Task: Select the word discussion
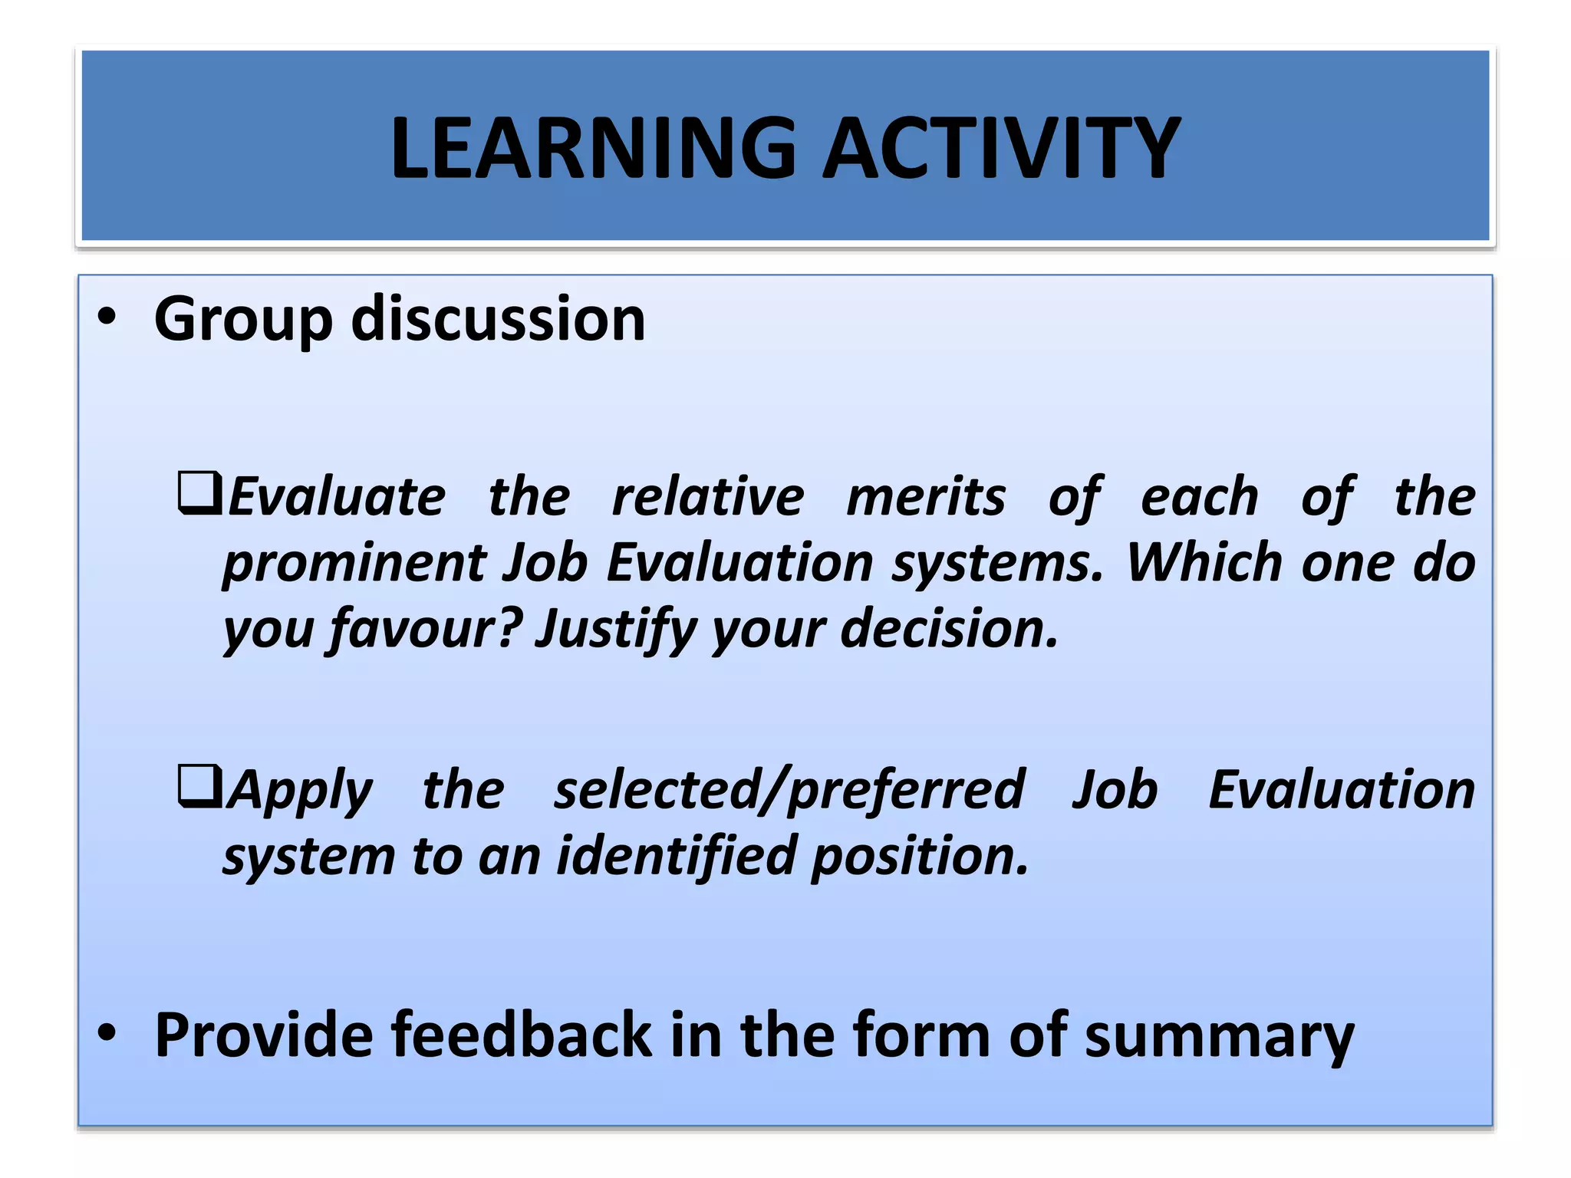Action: point(498,319)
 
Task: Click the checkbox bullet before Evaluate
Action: point(199,493)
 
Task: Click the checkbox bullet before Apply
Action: point(199,786)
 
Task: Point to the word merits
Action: point(925,497)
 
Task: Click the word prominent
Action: point(354,564)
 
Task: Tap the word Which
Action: point(1204,563)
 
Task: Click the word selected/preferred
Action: point(789,790)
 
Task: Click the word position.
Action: point(919,857)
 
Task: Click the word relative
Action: point(707,497)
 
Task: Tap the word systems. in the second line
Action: point(996,564)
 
